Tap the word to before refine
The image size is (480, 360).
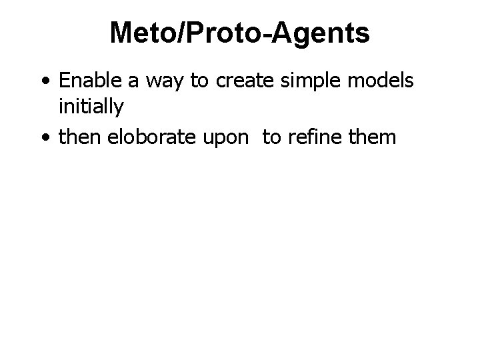272,138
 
